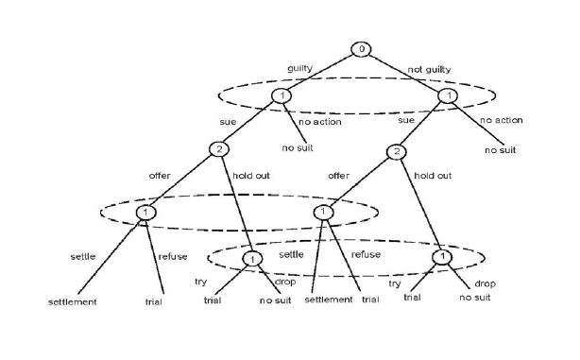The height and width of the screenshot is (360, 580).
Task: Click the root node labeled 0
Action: [361, 48]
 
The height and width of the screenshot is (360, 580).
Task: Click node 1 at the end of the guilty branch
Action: [281, 95]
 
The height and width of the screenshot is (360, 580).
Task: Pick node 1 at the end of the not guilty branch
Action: [450, 95]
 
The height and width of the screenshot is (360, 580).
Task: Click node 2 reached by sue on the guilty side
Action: [217, 150]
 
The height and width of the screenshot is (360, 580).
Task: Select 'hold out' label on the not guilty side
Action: [433, 176]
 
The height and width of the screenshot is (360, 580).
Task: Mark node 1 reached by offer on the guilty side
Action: [146, 212]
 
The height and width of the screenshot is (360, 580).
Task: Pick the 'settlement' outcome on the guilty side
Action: [74, 302]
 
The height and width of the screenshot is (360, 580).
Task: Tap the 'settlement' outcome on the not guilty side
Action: [329, 299]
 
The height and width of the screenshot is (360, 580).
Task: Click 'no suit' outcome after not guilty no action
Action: [501, 150]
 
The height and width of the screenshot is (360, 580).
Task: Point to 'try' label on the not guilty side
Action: [396, 283]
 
